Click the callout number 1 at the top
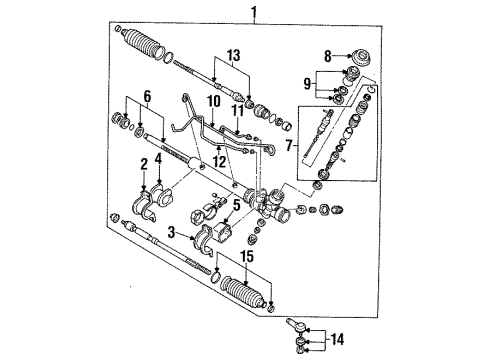click(x=254, y=12)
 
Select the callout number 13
click(x=234, y=55)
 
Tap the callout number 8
click(x=328, y=56)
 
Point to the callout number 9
click(x=307, y=83)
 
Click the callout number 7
click(x=289, y=145)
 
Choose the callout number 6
click(x=147, y=96)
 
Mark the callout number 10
click(x=214, y=101)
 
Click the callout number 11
click(x=238, y=111)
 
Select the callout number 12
click(x=220, y=161)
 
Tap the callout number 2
click(x=144, y=164)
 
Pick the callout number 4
click(x=159, y=159)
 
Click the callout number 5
click(x=236, y=205)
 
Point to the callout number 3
click(x=171, y=232)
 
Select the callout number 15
click(x=247, y=256)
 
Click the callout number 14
click(x=337, y=339)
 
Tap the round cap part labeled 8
click(x=362, y=59)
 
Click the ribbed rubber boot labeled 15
click(x=242, y=292)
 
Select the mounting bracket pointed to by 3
click(x=204, y=241)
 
